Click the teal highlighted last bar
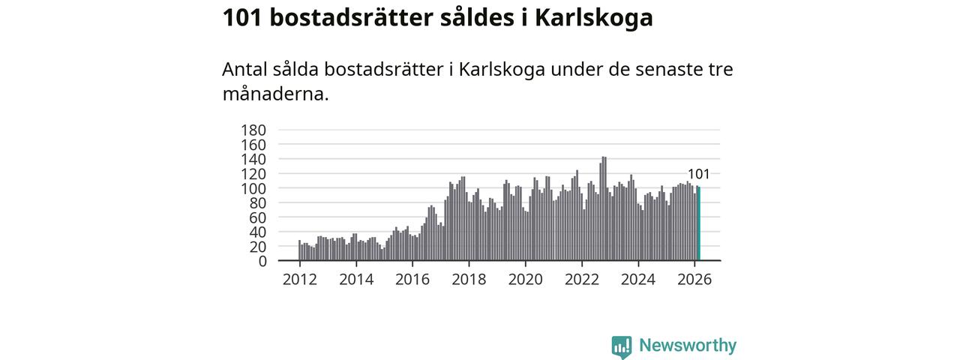[x=699, y=223]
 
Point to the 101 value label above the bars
[x=698, y=174]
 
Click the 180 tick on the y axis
[x=253, y=130]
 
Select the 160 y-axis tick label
[x=253, y=144]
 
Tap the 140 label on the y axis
[x=253, y=159]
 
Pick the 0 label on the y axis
[x=262, y=261]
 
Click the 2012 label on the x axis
[x=299, y=280]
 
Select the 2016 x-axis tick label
[x=412, y=280]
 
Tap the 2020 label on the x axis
[x=525, y=280]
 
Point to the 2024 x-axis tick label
[x=637, y=280]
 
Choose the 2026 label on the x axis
[x=694, y=280]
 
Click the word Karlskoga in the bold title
[x=593, y=18]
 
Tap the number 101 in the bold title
[x=241, y=18]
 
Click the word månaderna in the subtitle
[x=275, y=95]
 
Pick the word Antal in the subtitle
[x=244, y=70]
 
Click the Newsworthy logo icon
[x=622, y=346]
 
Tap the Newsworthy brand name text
[x=688, y=346]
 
